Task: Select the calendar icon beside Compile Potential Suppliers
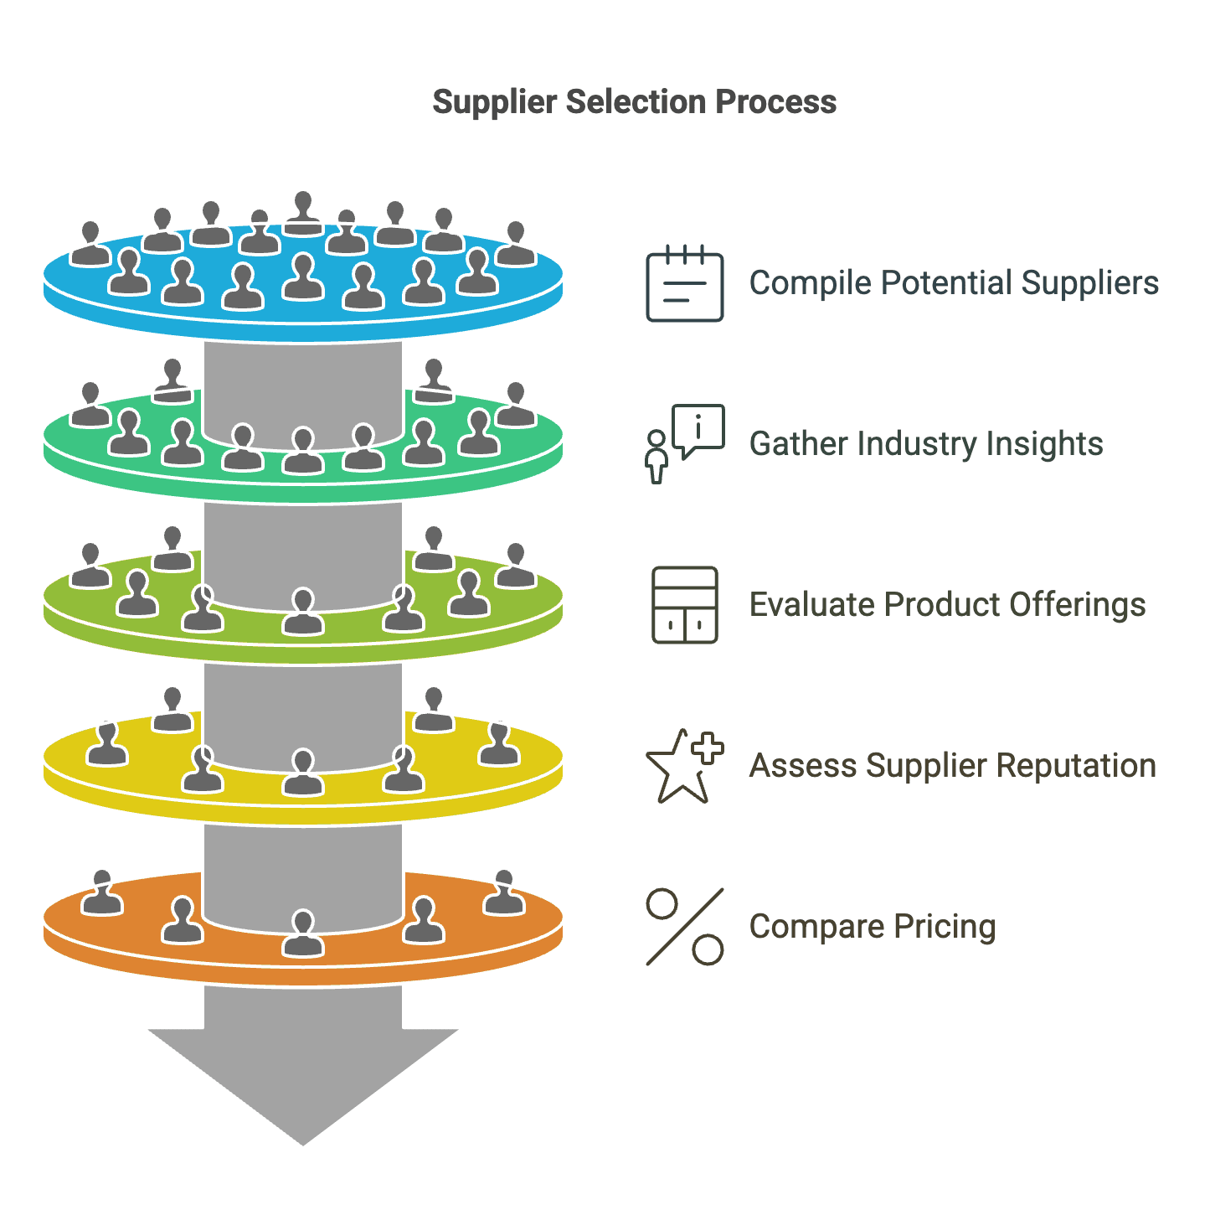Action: (684, 284)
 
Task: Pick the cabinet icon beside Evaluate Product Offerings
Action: (684, 605)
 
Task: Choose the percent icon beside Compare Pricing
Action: (684, 927)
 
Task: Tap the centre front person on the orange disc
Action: (302, 934)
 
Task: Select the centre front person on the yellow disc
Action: (302, 773)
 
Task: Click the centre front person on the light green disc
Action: (302, 613)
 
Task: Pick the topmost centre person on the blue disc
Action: (303, 213)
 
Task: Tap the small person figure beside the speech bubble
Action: (657, 457)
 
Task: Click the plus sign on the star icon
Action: (708, 748)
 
